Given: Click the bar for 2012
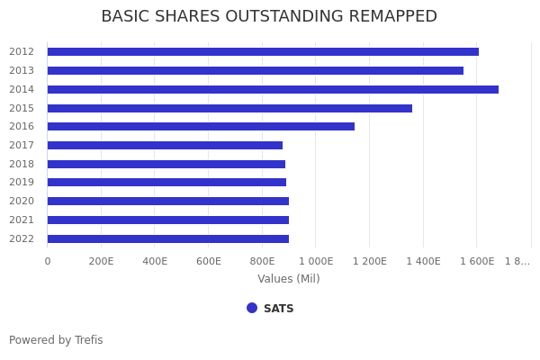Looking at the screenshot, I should (263, 52).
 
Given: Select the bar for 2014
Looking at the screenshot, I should (273, 89).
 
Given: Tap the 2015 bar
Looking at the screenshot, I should (229, 108).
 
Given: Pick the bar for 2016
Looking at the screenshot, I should (201, 127).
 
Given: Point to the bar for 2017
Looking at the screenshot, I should (165, 145).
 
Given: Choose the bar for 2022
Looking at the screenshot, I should (168, 238).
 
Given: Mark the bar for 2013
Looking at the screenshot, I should (256, 70).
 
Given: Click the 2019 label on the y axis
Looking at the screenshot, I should (22, 183).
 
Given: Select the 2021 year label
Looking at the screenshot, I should (22, 220).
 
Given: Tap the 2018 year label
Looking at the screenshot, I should (22, 164).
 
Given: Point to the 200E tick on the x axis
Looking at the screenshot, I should (101, 261).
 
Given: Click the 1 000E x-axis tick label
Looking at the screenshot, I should (316, 261).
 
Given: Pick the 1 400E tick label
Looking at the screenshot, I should (423, 261).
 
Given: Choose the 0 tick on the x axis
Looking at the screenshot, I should (48, 261).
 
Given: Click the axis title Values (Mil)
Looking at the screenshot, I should (289, 279).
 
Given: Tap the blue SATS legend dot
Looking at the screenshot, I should (252, 308).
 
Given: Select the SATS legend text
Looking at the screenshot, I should (279, 309).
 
